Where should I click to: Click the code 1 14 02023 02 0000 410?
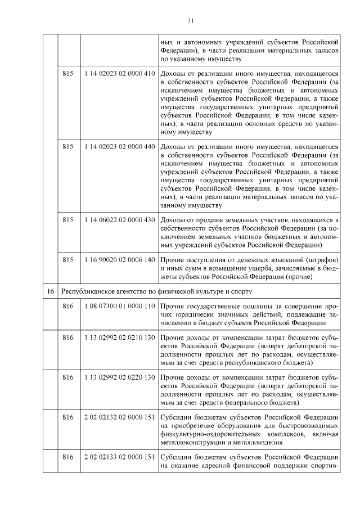click(119, 74)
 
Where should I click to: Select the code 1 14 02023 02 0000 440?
click(119, 146)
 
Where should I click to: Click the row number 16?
click(50, 291)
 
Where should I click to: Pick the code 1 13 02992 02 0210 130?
click(119, 337)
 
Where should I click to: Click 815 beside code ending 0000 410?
click(68, 74)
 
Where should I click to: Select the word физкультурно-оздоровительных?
click(208, 434)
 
